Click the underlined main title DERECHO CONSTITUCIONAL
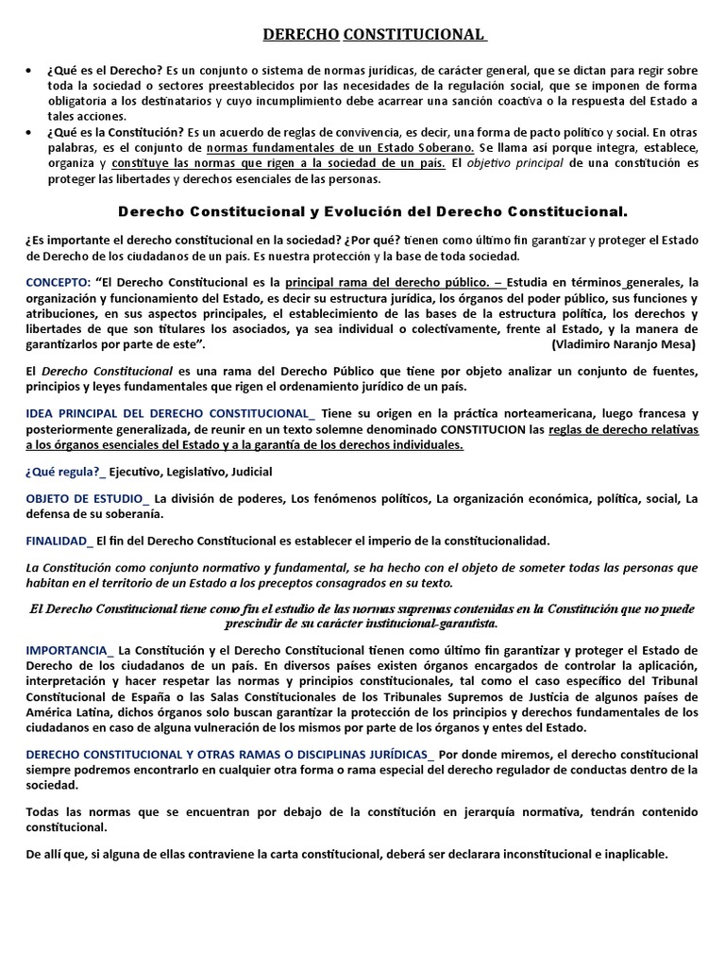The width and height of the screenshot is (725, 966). [x=373, y=35]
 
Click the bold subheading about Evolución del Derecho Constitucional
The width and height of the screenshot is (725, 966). [x=372, y=212]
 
